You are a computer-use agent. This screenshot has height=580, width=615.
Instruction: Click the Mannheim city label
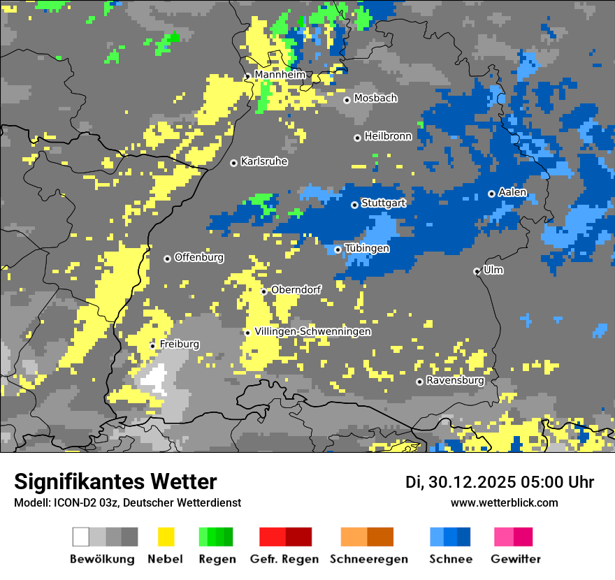tap(280, 75)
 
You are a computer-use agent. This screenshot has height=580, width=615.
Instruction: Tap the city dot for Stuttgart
tap(355, 205)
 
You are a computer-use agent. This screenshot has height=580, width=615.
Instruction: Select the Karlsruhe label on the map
tap(264, 161)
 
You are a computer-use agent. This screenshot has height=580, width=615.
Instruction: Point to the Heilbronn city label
tap(388, 136)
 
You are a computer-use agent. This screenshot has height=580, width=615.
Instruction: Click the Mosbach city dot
tap(347, 100)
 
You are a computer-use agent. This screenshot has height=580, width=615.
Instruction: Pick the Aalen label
tap(512, 192)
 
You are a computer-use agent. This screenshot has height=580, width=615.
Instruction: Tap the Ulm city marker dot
tap(477, 271)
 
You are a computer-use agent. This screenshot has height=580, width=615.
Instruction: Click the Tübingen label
tap(367, 248)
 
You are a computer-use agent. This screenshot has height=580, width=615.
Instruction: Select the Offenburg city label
tap(199, 257)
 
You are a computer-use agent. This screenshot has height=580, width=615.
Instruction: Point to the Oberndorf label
tap(296, 289)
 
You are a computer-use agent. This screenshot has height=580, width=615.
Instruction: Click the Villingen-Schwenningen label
tap(312, 331)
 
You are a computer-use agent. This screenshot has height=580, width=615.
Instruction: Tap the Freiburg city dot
tap(153, 346)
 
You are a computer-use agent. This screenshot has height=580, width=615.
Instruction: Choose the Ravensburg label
tap(455, 381)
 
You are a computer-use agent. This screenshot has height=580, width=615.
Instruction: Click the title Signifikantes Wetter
tap(115, 481)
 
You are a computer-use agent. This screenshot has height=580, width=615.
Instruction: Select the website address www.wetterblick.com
tap(504, 502)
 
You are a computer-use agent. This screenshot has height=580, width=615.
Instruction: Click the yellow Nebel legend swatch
tap(166, 537)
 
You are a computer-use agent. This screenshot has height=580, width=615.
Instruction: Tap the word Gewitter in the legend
tap(516, 559)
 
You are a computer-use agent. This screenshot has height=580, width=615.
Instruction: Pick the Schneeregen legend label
tap(369, 559)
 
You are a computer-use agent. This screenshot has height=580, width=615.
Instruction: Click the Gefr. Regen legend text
tap(284, 559)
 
